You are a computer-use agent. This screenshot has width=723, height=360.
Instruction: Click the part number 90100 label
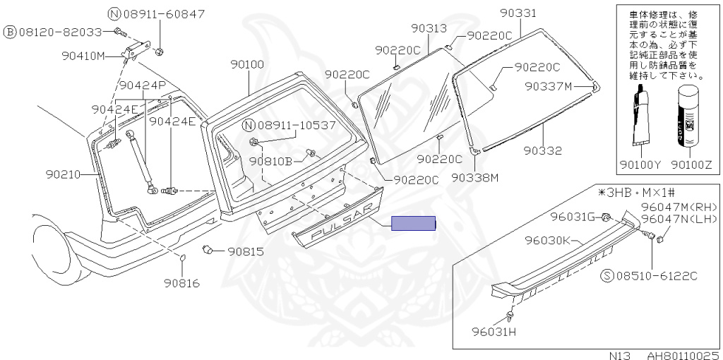coord(247,64)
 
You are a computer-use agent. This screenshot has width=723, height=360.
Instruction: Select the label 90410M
coord(83,56)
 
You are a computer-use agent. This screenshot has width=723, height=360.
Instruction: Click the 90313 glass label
coord(429,28)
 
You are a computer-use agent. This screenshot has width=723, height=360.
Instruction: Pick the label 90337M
coord(548,86)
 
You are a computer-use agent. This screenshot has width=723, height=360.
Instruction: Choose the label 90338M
coord(475,177)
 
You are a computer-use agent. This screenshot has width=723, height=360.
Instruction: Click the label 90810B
coord(270,160)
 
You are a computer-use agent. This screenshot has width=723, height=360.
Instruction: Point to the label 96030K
coord(547,240)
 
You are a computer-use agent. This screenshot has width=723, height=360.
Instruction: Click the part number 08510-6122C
coord(654,275)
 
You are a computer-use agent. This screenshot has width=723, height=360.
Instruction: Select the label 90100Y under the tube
coord(644,164)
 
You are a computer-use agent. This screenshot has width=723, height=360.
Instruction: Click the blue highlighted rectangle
coord(414,224)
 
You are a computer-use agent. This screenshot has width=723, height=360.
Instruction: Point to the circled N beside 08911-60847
coord(114,13)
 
